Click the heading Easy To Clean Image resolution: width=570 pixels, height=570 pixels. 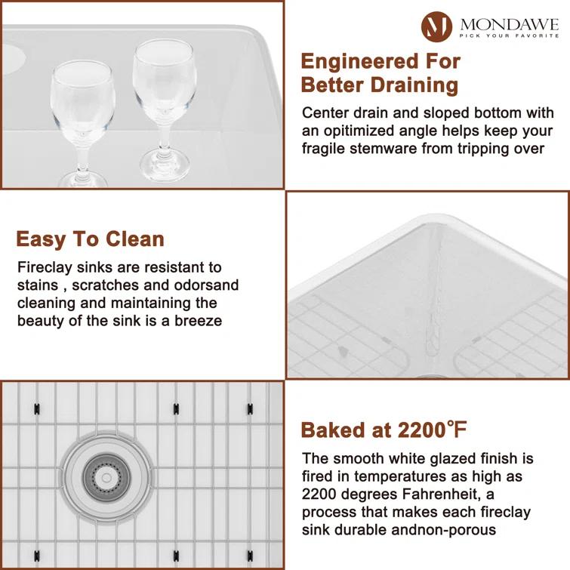click(x=90, y=239)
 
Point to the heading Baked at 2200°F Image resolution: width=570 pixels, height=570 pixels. click(x=384, y=430)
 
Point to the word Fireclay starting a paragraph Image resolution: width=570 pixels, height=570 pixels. click(x=42, y=267)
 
